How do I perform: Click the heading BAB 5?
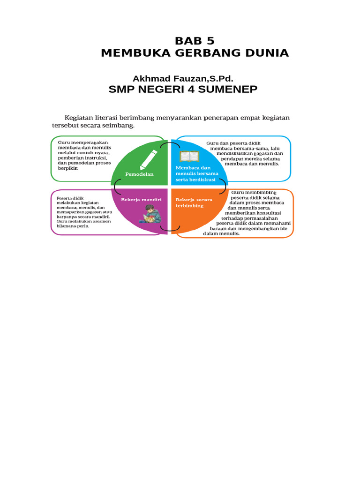point(195,41)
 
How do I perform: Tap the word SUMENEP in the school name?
point(228,90)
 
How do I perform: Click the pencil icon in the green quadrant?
point(149,160)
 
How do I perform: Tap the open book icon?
point(189,156)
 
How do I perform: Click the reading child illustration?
point(151,214)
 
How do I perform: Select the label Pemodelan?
point(139,174)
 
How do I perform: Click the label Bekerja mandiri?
point(141,200)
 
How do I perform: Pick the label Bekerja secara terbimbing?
point(194,202)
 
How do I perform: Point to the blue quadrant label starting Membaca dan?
point(197,173)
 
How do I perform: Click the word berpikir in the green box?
point(68,168)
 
